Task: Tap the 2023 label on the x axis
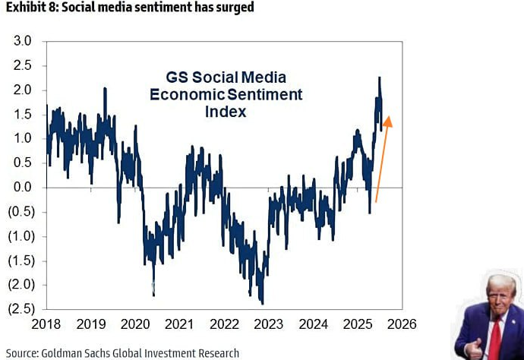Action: coord(268,324)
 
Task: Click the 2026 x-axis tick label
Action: coord(401,324)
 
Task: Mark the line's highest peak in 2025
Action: coord(379,77)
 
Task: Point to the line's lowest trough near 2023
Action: coord(261,302)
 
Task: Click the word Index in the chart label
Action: coord(226,112)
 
